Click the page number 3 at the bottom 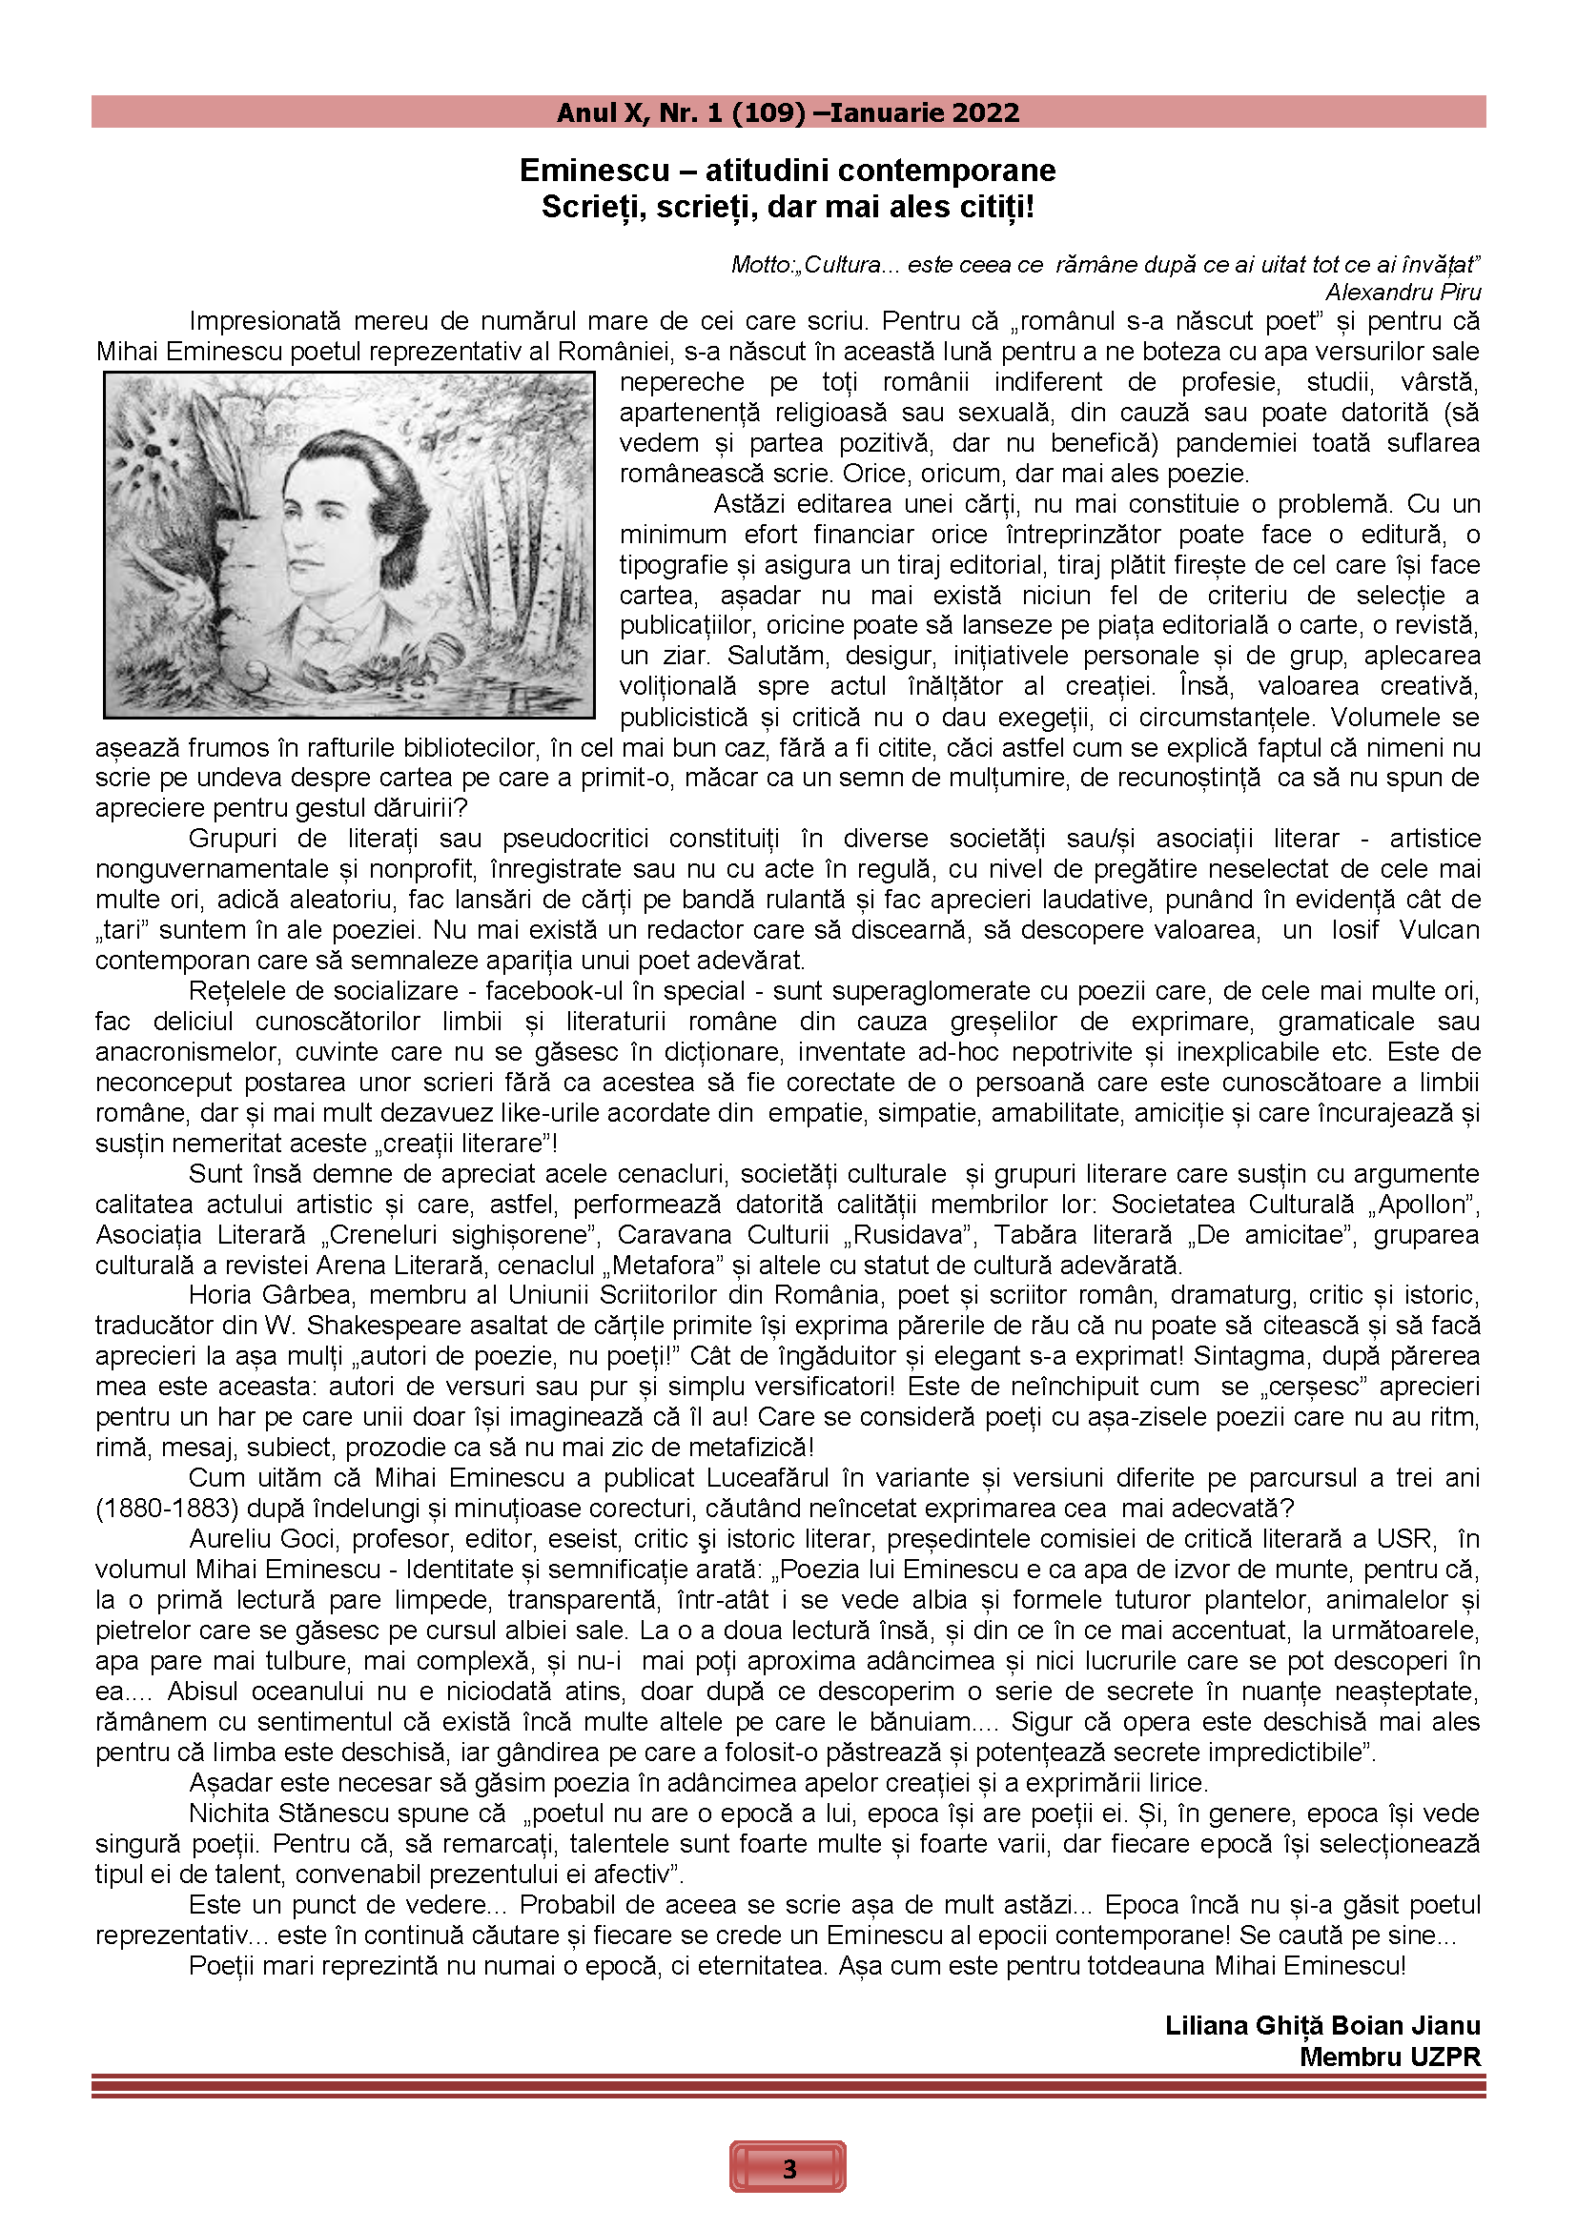(788, 2168)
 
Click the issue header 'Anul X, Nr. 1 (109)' (681, 112)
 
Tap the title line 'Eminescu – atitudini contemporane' (788, 170)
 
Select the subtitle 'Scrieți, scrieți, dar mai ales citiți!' (788, 207)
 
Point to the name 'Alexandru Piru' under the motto (1403, 292)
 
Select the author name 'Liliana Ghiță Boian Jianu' (1322, 2025)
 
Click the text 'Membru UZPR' (1390, 2057)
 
